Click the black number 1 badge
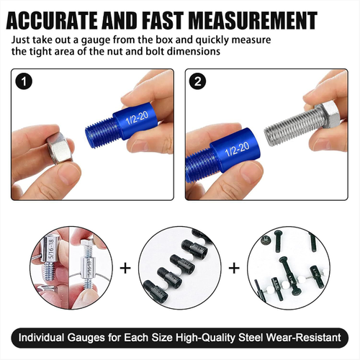tap(24, 81)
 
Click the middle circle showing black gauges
tap(180, 268)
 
